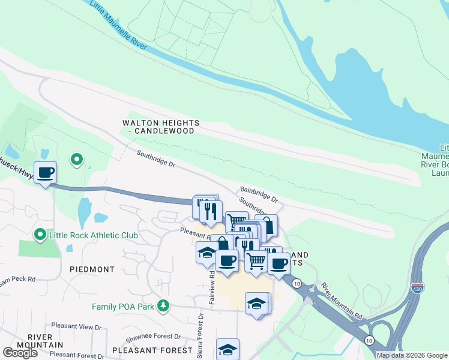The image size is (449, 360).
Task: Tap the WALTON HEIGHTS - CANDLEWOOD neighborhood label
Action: [161, 127]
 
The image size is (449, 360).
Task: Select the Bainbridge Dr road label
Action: [259, 193]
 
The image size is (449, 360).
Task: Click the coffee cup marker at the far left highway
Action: [46, 173]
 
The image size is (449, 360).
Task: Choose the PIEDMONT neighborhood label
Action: [92, 269]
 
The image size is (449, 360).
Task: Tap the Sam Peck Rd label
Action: [18, 279]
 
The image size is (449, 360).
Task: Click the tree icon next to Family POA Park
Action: [163, 306]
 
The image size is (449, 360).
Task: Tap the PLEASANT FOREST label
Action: [152, 350]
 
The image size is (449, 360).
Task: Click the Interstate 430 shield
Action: [418, 289]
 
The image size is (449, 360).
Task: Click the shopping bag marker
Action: [267, 226]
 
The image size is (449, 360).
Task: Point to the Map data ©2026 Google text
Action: [412, 355]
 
